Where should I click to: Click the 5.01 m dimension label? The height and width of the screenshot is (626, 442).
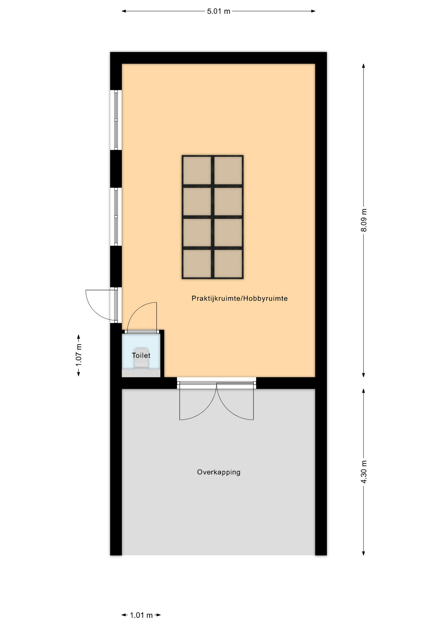(x=219, y=11)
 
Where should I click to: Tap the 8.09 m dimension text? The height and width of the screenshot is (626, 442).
(x=364, y=220)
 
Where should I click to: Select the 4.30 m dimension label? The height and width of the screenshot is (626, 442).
(x=364, y=472)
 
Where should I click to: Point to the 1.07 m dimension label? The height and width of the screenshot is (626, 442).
(x=79, y=355)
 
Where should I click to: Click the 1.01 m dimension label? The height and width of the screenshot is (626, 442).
(x=141, y=615)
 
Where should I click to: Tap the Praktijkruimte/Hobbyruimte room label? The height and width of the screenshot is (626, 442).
(x=240, y=298)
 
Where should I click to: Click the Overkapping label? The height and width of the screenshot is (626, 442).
(x=219, y=472)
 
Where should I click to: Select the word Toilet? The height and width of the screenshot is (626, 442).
(x=141, y=355)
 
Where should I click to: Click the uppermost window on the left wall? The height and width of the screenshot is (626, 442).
(x=116, y=120)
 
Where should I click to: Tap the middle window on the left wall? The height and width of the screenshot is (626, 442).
(x=116, y=217)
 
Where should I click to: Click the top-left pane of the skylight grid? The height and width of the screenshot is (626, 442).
(x=197, y=171)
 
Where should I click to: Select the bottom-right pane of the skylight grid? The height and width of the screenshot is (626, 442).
(x=228, y=263)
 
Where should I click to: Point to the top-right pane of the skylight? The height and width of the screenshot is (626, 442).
(x=228, y=171)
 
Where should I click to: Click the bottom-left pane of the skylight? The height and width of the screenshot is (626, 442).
(x=197, y=263)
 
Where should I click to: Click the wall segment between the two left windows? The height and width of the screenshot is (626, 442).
(x=116, y=169)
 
